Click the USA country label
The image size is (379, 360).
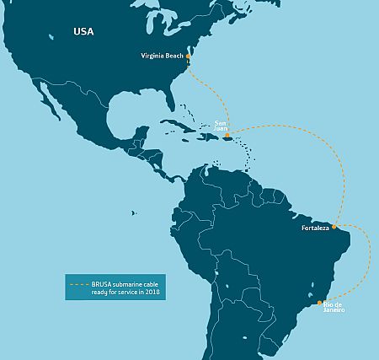click(x=83, y=32)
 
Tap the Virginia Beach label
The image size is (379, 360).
click(x=163, y=56)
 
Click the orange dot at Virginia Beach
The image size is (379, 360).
click(x=189, y=56)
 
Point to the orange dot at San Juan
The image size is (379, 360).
click(x=227, y=134)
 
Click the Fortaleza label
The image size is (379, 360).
click(x=315, y=228)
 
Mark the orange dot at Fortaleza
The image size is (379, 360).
click(x=334, y=227)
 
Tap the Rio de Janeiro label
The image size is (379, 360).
click(x=334, y=305)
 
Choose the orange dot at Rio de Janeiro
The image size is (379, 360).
click(x=319, y=302)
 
